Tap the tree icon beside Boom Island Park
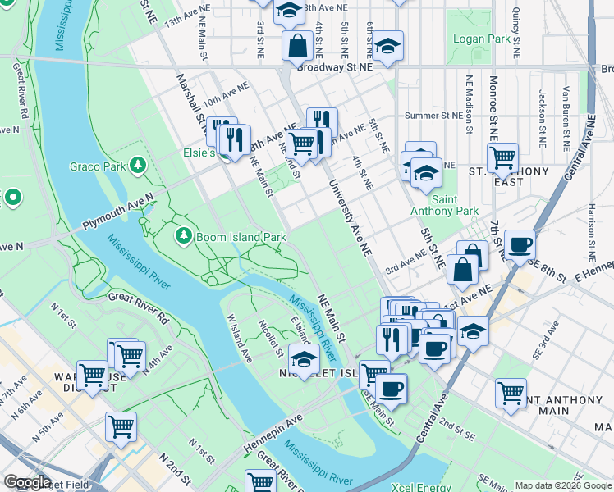click(183, 237)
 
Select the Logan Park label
click(481, 39)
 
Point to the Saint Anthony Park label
click(456, 205)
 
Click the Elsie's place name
click(198, 153)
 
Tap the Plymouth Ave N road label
click(117, 214)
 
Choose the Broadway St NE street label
click(334, 68)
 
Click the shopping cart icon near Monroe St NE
click(502, 156)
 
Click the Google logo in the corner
click(27, 482)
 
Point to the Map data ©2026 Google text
click(563, 485)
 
